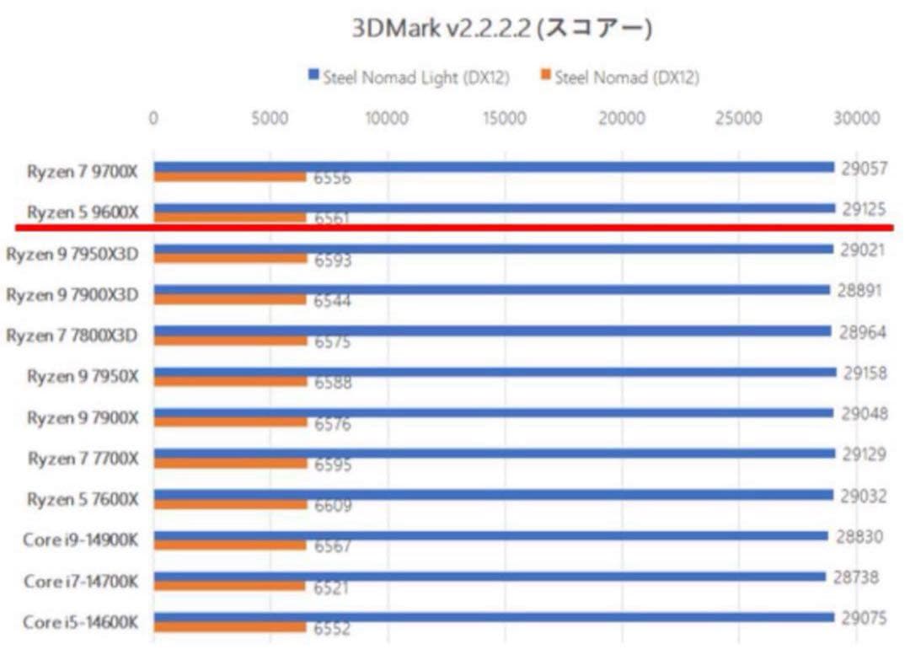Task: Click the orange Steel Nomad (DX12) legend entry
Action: (619, 78)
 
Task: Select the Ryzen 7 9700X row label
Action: (82, 172)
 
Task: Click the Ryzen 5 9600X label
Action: (82, 212)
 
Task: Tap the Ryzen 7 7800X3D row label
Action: (72, 336)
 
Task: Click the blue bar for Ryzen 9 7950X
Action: (494, 372)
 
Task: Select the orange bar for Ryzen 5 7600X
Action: (230, 503)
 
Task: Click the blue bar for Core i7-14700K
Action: (489, 577)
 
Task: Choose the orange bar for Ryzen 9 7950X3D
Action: (230, 258)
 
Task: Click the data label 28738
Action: (855, 577)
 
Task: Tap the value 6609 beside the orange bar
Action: (332, 506)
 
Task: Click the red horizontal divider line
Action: (455, 227)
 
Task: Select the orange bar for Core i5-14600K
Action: (230, 626)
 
